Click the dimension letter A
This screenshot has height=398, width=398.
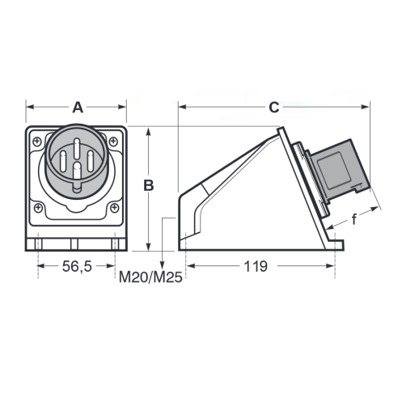[78, 108]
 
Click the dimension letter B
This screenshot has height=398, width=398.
[148, 185]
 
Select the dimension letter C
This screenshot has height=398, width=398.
[274, 108]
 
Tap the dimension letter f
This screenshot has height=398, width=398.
[354, 219]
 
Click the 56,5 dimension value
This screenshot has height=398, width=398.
[77, 266]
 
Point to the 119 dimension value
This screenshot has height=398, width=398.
[256, 266]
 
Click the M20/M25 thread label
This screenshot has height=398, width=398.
[150, 277]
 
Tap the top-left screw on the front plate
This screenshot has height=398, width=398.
[37, 142]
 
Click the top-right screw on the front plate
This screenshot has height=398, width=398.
[113, 141]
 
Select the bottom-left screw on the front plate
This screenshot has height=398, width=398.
[38, 208]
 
